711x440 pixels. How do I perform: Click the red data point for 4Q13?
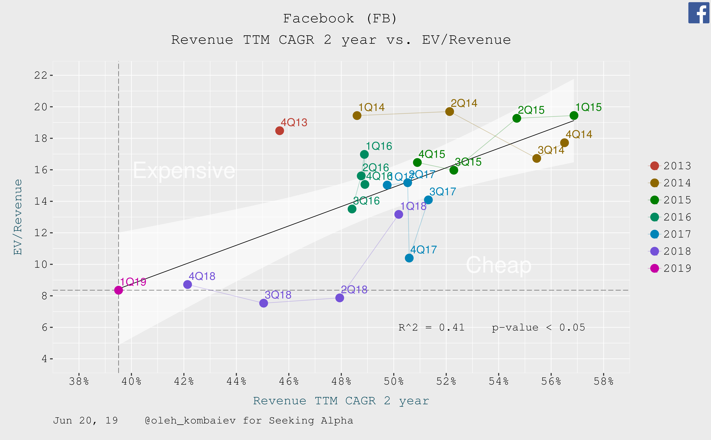[279, 131]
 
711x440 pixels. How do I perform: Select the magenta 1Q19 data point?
[118, 290]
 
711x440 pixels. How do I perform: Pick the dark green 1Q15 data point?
[574, 115]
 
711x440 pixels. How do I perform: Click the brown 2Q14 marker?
[449, 111]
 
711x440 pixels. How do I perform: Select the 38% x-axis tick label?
[79, 381]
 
